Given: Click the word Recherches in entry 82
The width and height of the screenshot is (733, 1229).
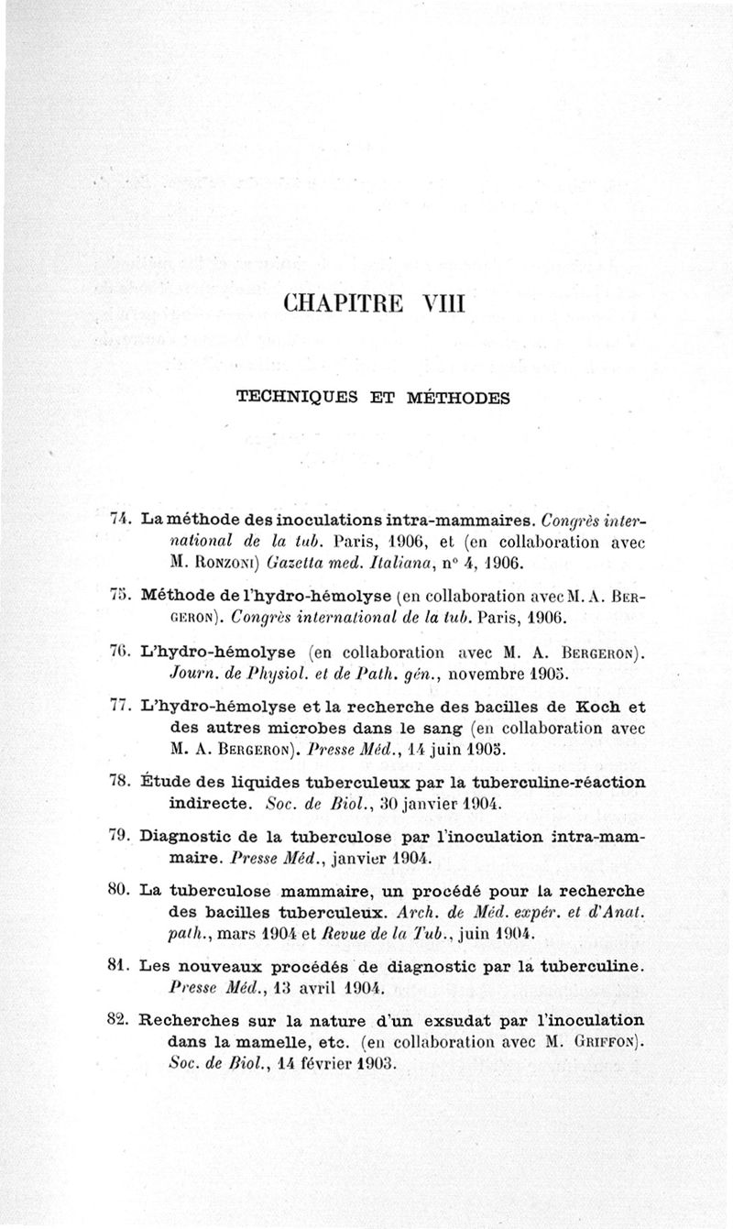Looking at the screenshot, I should point(190,1021).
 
